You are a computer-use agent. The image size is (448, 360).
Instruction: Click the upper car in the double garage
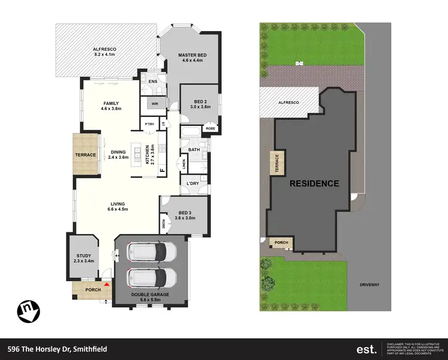pos(152,251)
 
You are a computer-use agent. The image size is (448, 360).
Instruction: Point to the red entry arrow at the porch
pos(107,285)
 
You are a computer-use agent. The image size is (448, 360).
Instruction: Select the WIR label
pos(154,103)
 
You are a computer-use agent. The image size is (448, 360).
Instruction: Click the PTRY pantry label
pos(151,124)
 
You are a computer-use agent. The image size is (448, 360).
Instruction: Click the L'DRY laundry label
pos(192,183)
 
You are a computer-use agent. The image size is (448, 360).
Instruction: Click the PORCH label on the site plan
pos(281,242)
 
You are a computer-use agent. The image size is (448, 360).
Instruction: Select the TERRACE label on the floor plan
pos(86,155)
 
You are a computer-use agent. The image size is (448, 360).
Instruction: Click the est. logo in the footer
pos(366,349)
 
